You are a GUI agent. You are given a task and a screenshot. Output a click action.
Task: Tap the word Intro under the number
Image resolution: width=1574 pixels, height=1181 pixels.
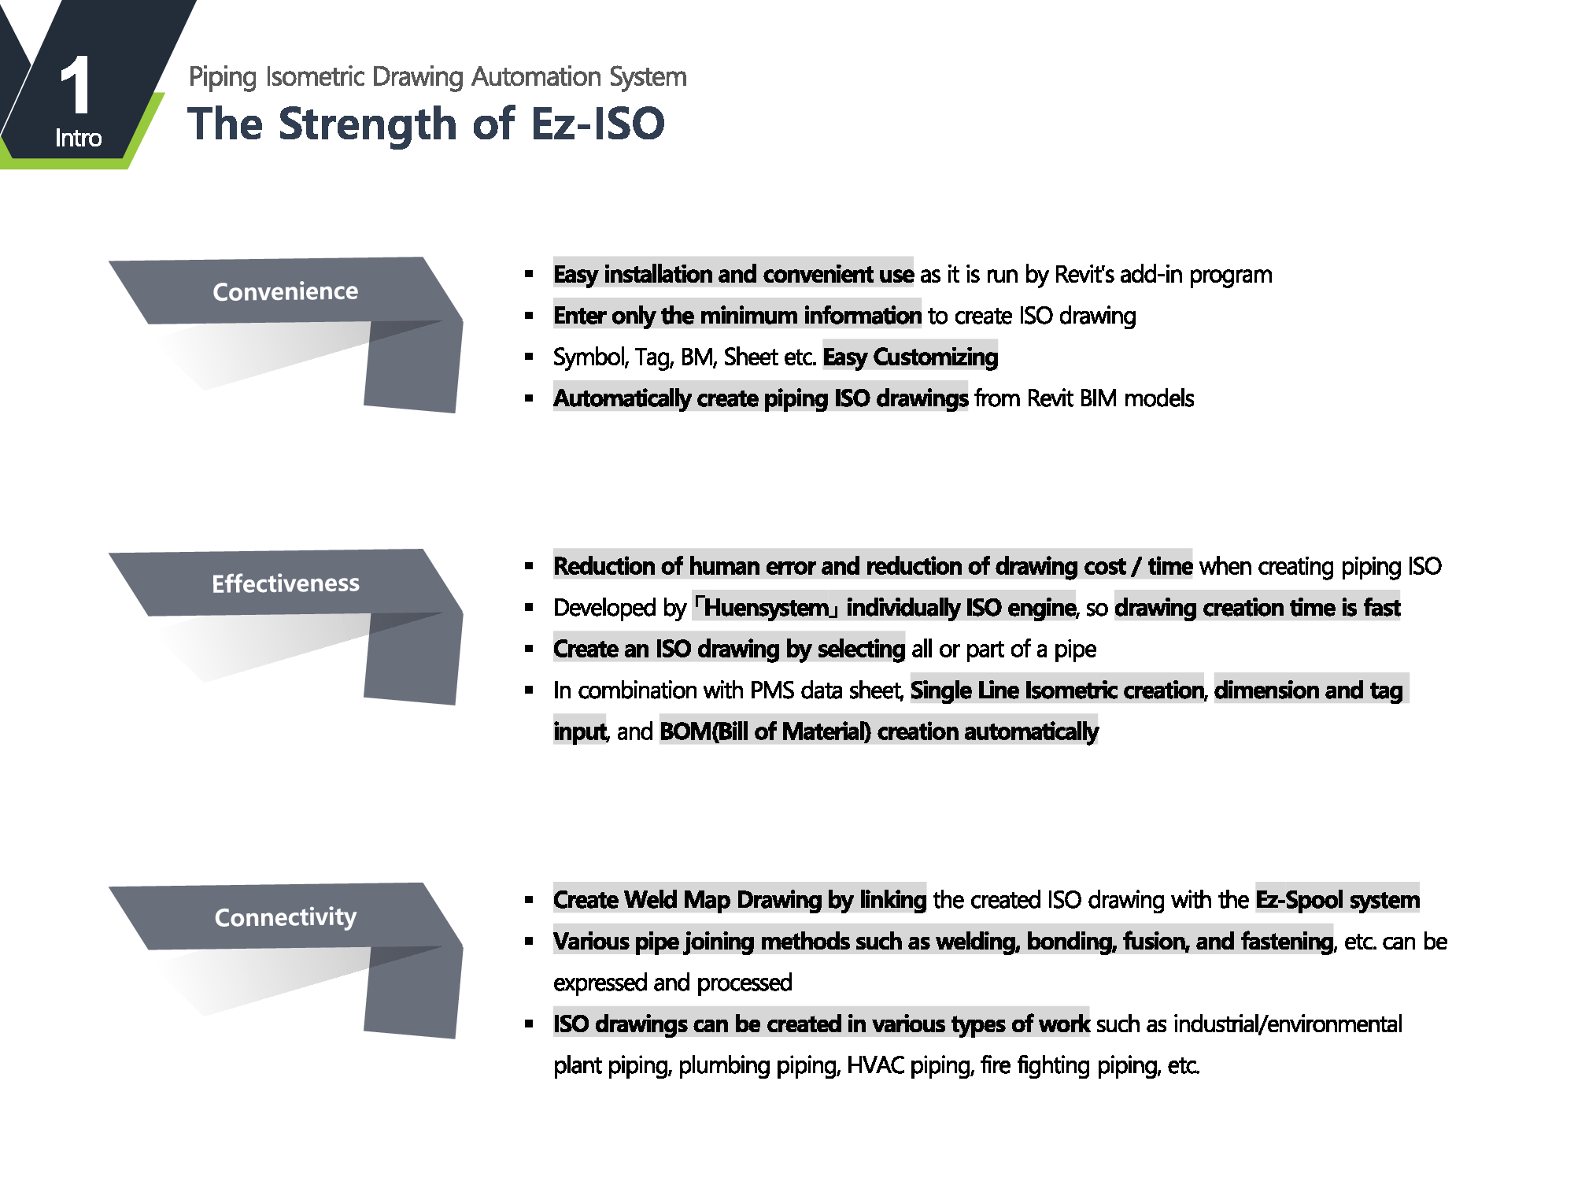[79, 139]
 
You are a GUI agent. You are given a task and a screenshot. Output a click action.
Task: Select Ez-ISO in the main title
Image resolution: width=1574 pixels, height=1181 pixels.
[598, 124]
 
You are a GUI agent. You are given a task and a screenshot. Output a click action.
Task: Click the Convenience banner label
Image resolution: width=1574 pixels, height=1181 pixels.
[286, 291]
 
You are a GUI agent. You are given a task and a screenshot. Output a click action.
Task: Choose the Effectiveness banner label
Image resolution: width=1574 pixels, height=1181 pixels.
[286, 583]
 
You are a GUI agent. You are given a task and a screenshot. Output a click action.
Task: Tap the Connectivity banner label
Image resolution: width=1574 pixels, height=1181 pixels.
[286, 917]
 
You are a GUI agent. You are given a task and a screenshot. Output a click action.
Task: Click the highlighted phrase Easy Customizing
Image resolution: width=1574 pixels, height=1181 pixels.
[911, 357]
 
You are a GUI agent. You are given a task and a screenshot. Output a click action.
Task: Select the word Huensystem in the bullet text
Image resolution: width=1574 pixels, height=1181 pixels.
[767, 608]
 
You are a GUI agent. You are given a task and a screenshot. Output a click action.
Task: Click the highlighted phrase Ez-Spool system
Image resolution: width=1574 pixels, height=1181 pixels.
[1338, 900]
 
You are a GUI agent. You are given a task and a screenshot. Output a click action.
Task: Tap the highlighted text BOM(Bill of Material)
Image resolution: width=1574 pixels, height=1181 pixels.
[765, 731]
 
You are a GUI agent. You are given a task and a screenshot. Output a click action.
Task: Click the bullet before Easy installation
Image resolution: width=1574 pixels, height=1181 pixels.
[529, 275]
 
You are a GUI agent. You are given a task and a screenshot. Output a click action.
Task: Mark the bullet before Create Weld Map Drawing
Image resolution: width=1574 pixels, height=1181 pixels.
[529, 900]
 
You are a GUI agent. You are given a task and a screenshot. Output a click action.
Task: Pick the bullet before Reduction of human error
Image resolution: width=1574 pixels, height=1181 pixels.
[529, 566]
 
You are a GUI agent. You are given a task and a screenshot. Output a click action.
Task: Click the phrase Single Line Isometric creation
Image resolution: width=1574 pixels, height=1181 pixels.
[1057, 690]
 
